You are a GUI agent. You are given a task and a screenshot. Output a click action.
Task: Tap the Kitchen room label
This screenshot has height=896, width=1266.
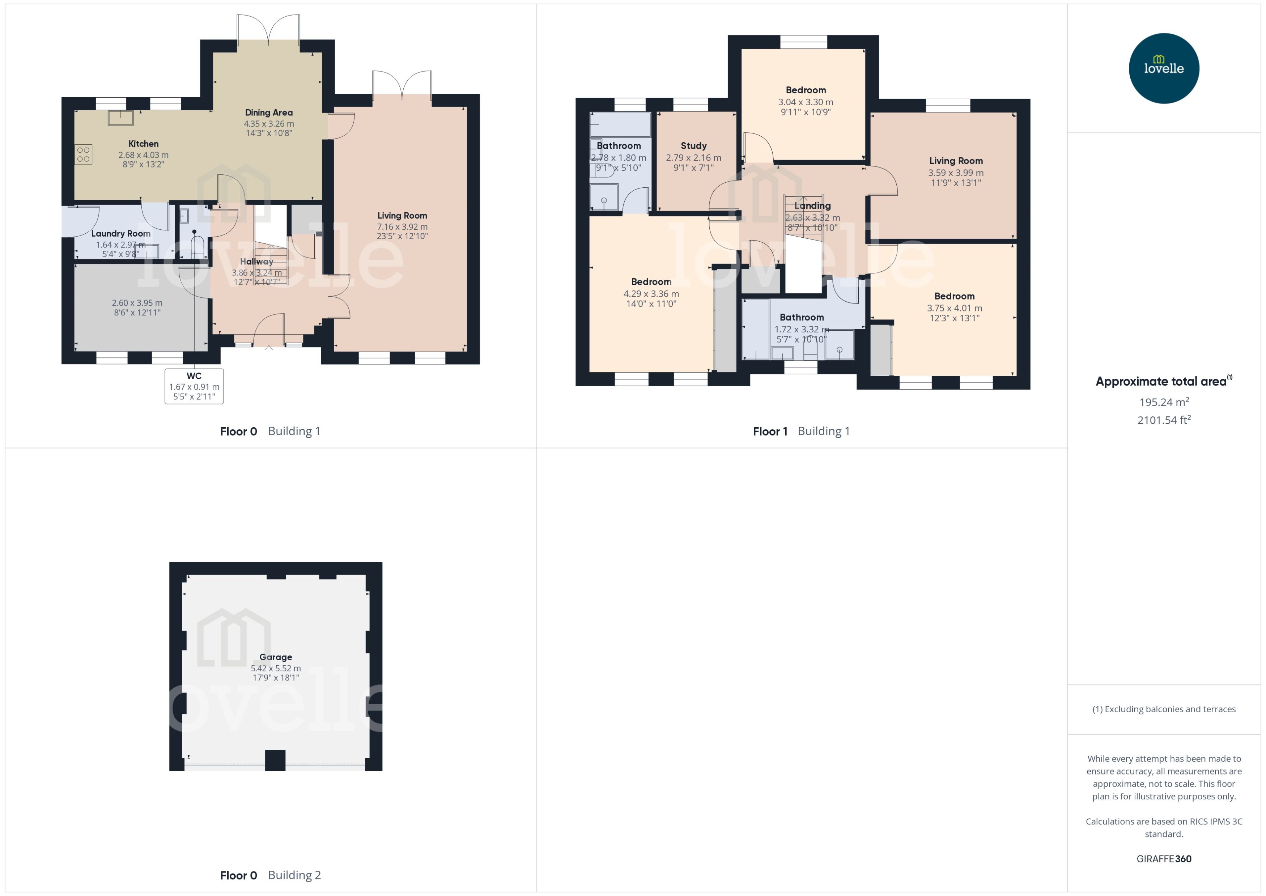(x=144, y=144)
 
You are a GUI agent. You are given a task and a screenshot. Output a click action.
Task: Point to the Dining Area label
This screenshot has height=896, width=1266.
(x=269, y=112)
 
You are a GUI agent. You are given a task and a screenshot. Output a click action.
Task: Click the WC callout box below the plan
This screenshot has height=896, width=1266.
(x=194, y=386)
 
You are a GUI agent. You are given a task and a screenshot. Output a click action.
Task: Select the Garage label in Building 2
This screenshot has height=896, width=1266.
(x=276, y=657)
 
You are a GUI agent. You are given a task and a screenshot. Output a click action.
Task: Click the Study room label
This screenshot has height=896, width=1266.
(x=693, y=146)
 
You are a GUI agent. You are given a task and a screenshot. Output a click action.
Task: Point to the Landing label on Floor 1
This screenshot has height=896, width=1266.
(x=812, y=206)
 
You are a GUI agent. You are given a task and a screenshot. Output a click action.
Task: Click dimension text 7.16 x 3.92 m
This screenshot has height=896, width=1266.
(x=402, y=227)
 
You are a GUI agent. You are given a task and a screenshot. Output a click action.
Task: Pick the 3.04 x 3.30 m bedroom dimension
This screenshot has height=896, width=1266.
(x=806, y=102)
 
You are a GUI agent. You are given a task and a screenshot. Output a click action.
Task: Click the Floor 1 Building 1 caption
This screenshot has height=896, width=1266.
(x=801, y=432)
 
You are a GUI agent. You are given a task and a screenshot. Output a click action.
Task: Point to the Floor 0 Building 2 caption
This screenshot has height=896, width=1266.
(x=270, y=875)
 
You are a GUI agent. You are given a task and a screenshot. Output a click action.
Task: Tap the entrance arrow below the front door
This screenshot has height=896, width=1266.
(x=269, y=349)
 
